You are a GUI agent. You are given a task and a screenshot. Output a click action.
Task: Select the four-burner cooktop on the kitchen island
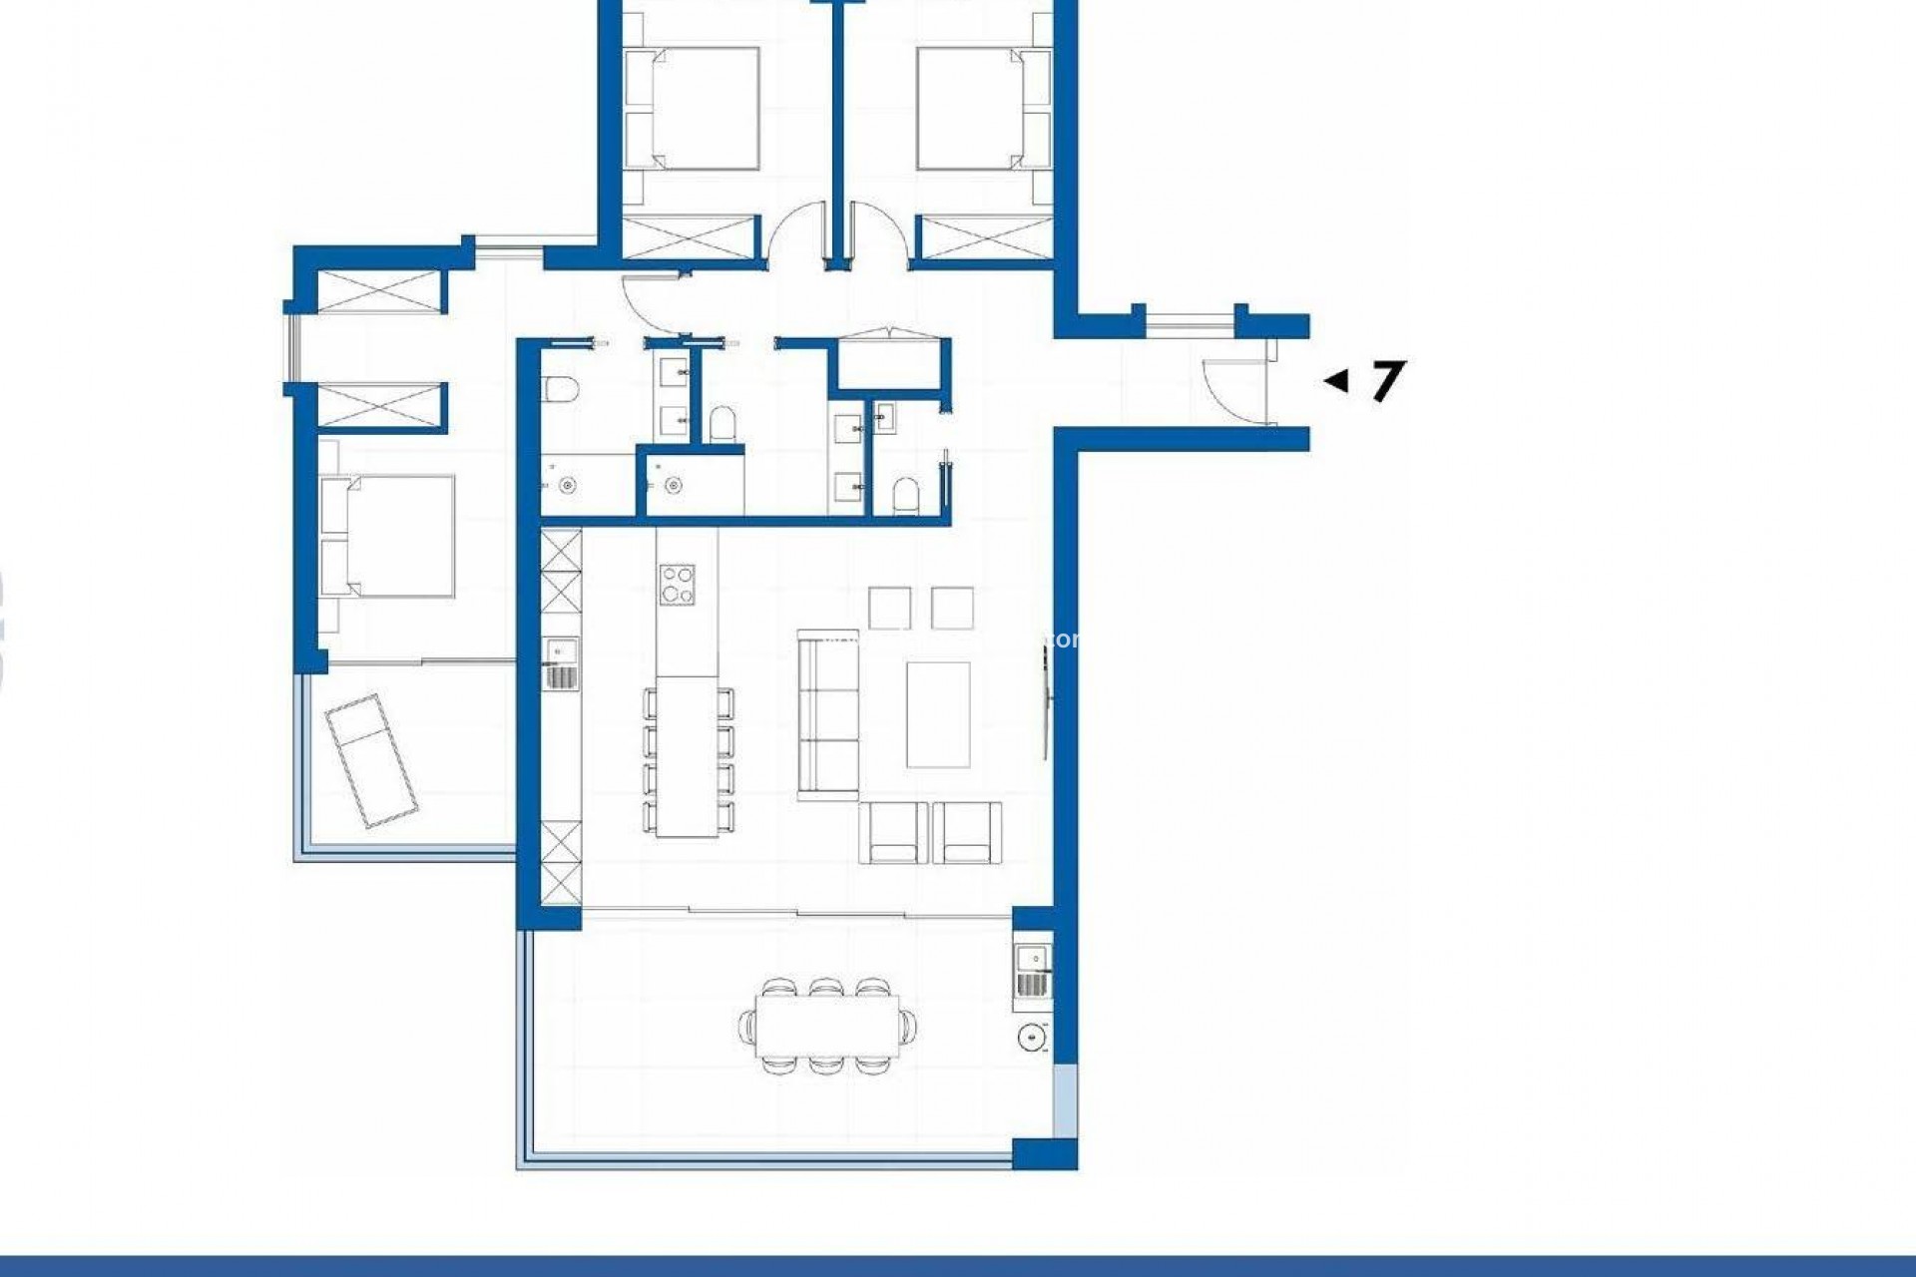coord(678,584)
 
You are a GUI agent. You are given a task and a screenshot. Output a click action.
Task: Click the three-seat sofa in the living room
coord(828,713)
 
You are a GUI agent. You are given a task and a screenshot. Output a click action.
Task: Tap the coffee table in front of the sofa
coord(938,714)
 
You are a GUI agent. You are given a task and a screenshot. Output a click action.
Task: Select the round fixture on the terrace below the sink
coord(1033,1038)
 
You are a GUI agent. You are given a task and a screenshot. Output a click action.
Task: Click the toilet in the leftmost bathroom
coord(559,387)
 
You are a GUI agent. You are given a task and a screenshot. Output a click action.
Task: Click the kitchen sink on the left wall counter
coord(560,651)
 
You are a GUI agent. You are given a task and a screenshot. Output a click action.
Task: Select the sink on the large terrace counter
coord(1032,960)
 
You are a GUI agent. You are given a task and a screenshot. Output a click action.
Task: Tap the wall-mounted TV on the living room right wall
coord(1045,698)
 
